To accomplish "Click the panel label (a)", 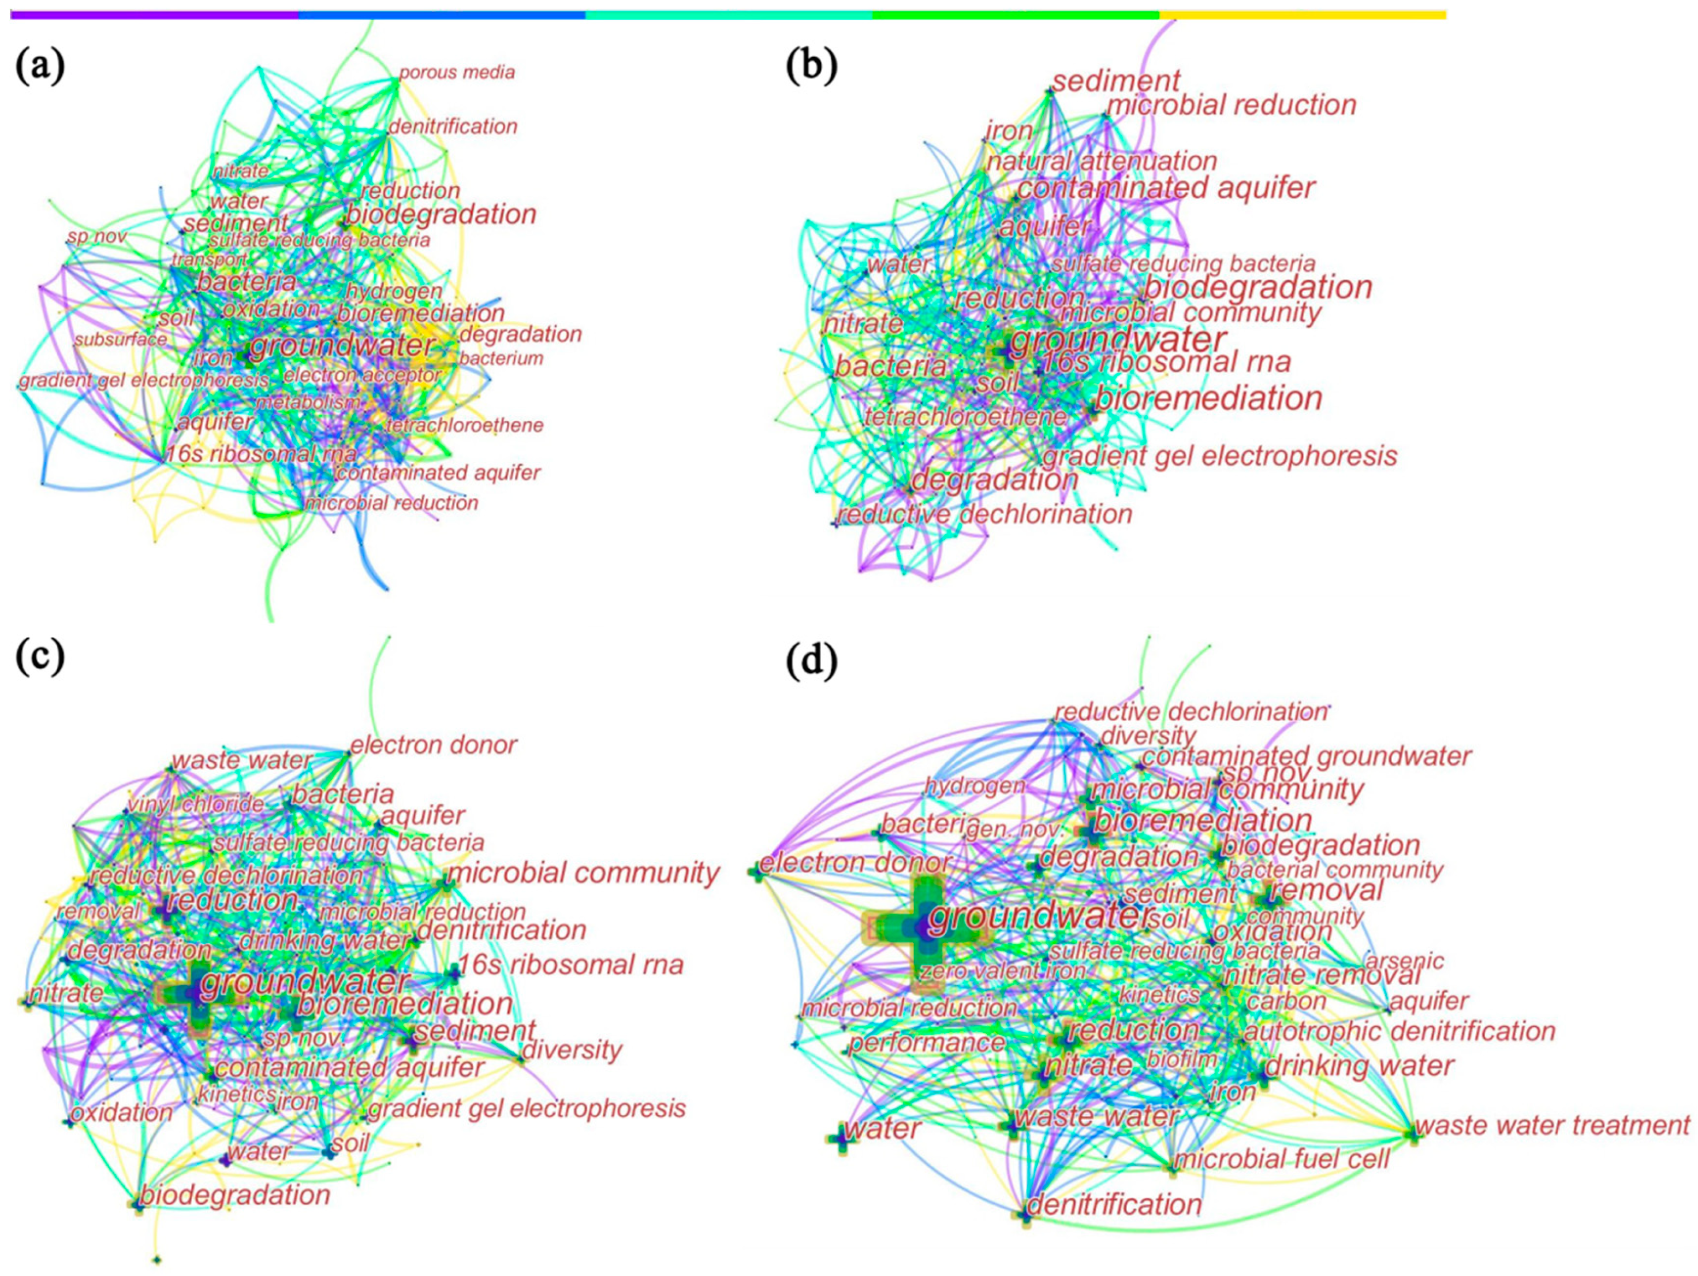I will click(40, 68).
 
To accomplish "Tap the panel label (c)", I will click(40, 658).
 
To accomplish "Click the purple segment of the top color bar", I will click(154, 14).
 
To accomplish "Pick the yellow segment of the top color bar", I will click(1303, 14).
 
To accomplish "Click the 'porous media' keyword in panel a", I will click(457, 73).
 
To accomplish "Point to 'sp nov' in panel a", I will click(97, 237).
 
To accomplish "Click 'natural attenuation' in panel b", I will click(1102, 162).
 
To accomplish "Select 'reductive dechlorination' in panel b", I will click(985, 514).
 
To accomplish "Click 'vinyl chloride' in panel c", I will click(196, 805).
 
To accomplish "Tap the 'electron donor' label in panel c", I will click(434, 745).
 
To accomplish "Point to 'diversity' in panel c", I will click(572, 1050).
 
